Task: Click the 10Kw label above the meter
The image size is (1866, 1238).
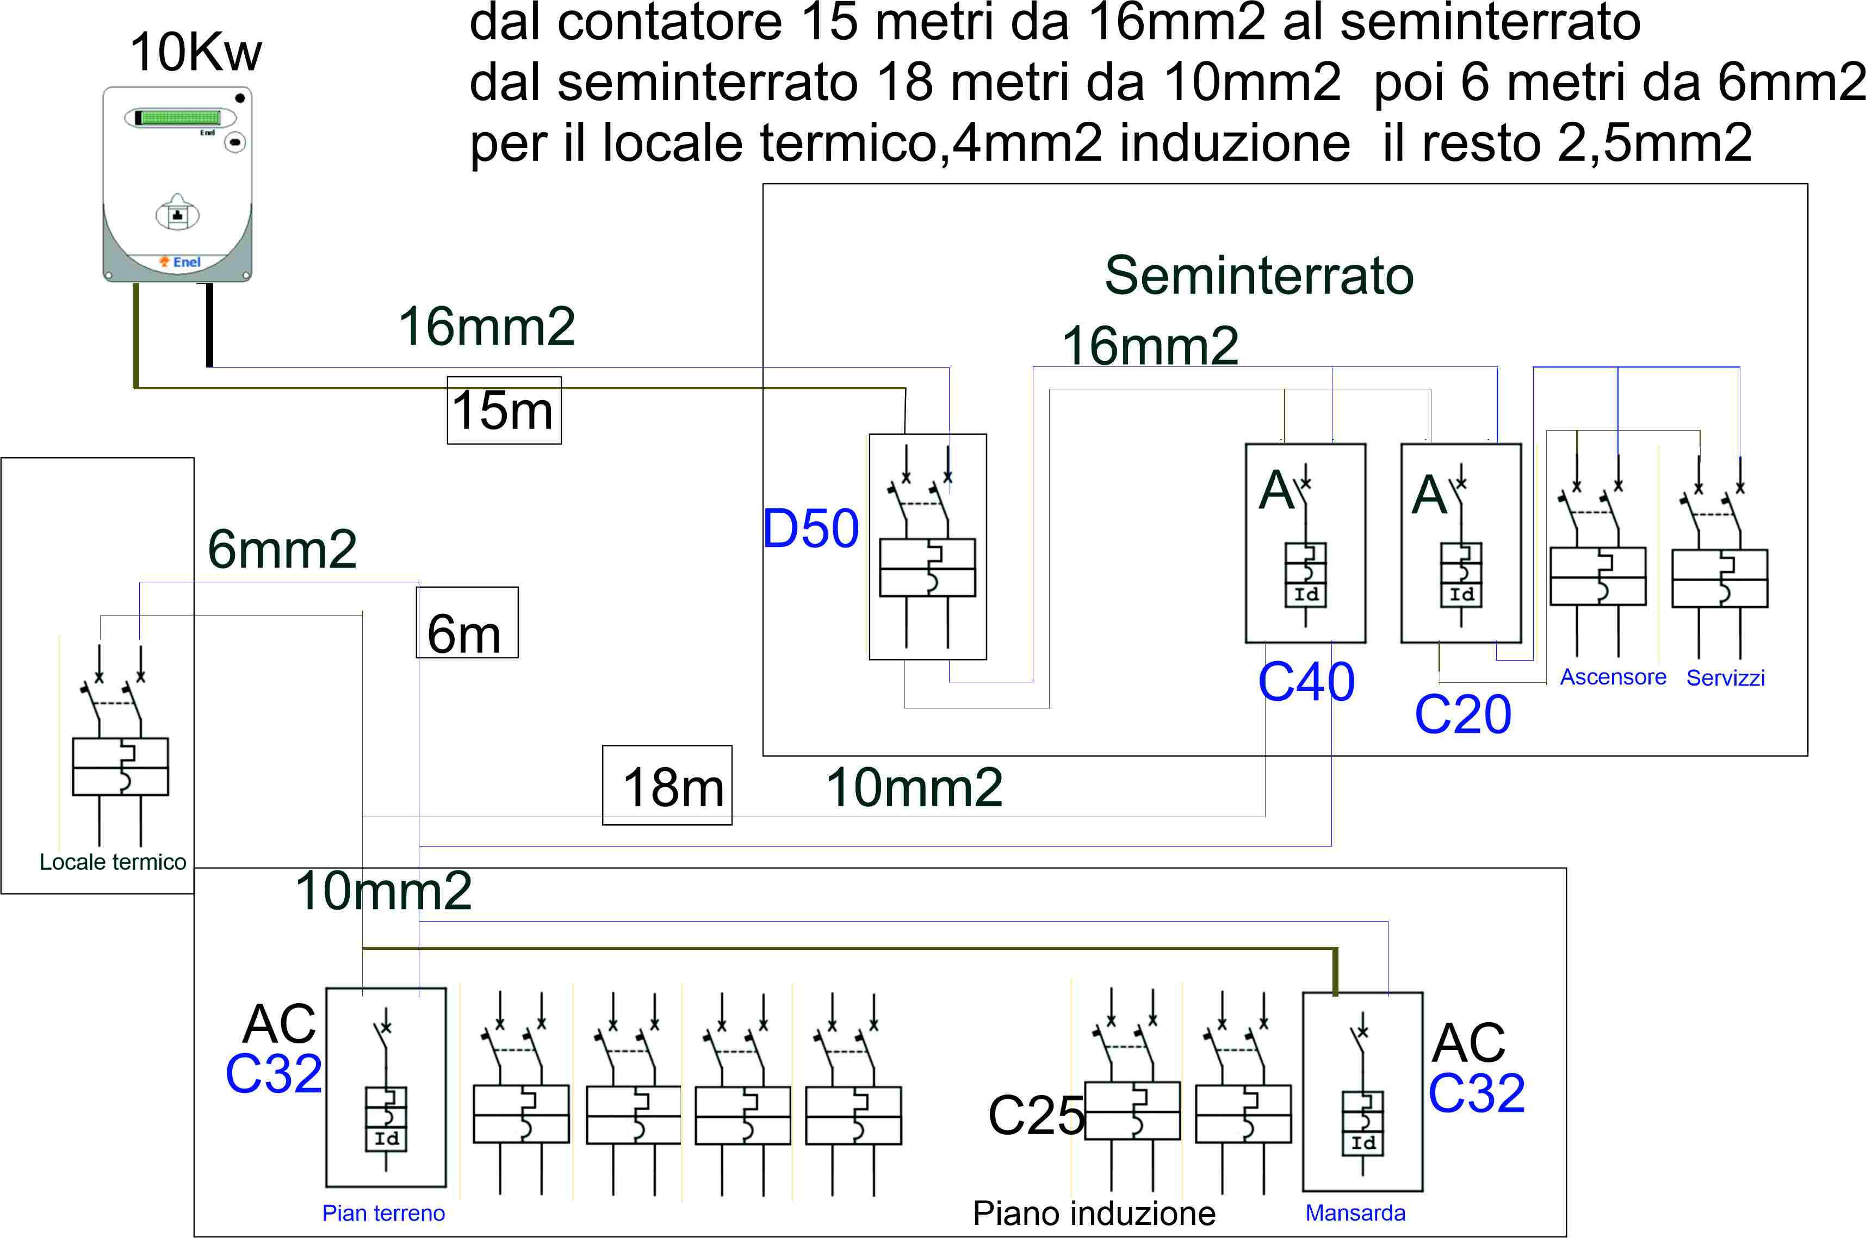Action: pos(195,52)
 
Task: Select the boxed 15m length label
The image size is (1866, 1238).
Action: pos(504,410)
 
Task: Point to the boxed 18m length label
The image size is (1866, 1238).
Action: pos(667,786)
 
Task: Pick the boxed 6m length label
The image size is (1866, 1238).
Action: pos(467,624)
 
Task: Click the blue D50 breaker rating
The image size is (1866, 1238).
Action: pos(810,529)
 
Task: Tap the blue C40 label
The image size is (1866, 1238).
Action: pos(1306,681)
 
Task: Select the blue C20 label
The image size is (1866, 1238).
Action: pos(1462,714)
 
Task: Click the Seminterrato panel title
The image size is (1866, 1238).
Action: pos(1259,276)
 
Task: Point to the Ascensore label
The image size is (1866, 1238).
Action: pos(1613,677)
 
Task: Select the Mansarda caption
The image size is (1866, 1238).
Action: pos(1355,1214)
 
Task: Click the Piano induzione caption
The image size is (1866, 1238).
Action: pos(1094,1214)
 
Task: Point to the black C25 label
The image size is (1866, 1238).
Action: pos(1036,1116)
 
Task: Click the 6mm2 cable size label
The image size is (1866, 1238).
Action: pos(282,550)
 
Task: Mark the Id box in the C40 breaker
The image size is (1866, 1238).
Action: pos(1306,594)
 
